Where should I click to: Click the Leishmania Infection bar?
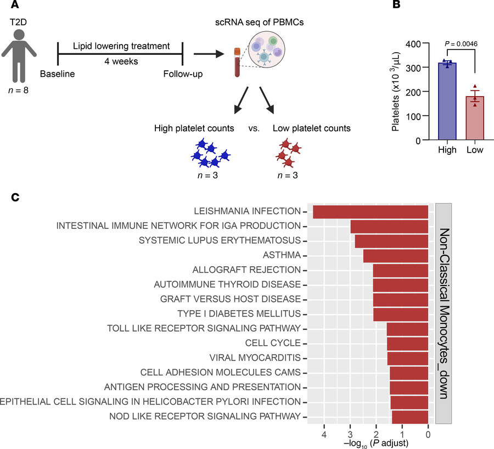tap(370, 211)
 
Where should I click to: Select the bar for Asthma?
tap(395, 256)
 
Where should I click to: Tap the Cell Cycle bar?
tap(407, 344)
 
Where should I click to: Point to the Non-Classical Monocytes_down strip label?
tap(444, 313)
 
